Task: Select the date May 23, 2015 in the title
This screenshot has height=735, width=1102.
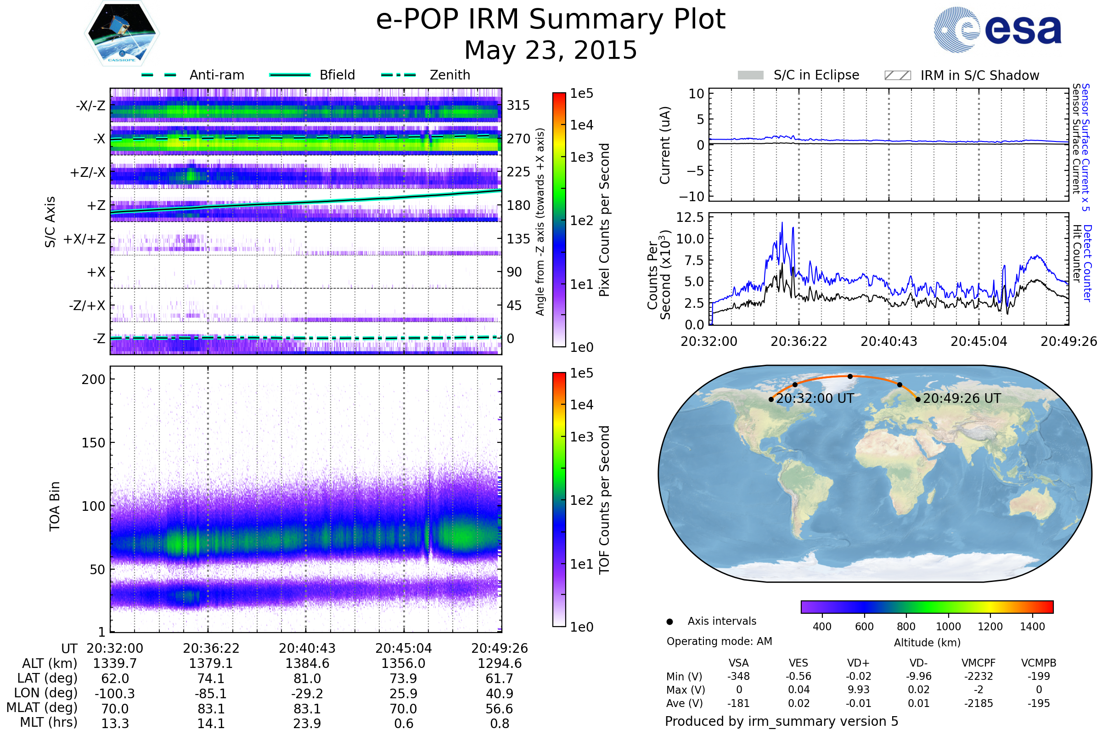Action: click(551, 50)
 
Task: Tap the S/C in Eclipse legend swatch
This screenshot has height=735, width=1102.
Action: click(750, 75)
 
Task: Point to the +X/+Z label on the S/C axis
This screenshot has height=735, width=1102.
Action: click(84, 239)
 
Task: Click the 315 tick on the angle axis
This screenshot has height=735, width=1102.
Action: click(518, 105)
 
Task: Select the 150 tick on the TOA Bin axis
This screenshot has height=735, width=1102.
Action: click(93, 443)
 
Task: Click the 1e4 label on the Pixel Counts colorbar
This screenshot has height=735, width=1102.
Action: click(581, 125)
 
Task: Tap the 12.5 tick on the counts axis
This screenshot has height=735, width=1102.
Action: click(690, 217)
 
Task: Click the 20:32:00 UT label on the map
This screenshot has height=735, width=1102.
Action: click(815, 398)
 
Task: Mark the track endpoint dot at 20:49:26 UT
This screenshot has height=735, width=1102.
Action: click(918, 399)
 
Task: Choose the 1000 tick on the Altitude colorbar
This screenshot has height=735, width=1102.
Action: click(948, 627)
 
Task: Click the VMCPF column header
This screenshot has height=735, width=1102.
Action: click(978, 663)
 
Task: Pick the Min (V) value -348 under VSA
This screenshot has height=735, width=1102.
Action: click(738, 676)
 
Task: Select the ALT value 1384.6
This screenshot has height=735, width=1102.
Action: click(307, 664)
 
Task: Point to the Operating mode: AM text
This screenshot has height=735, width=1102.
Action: click(719, 641)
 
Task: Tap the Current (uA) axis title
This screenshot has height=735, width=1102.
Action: click(665, 145)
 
